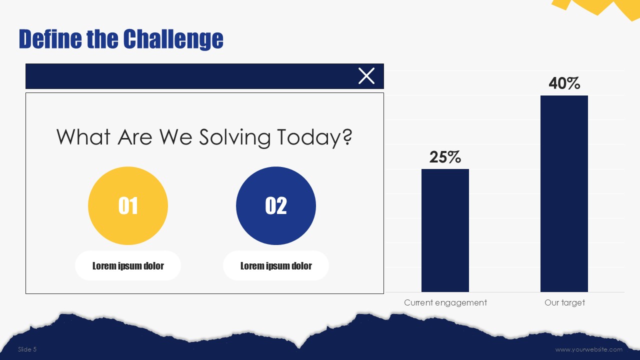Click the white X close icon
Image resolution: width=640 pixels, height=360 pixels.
coord(366,76)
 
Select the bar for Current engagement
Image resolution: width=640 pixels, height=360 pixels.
coord(445,230)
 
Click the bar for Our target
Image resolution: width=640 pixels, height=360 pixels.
coord(564,193)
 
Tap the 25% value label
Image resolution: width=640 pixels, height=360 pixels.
coord(445,157)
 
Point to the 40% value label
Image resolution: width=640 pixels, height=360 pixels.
coord(564,83)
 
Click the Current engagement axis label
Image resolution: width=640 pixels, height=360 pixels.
coord(445,302)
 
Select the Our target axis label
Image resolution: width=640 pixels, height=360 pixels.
coord(564,302)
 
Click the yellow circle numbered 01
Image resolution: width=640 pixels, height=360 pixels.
coord(128,205)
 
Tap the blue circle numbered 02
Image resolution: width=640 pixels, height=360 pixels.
coord(276,205)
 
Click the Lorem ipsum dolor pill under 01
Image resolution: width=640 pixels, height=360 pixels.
coord(128,265)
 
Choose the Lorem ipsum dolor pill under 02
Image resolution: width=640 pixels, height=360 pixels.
coord(276,265)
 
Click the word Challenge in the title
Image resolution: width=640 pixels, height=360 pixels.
coord(173,39)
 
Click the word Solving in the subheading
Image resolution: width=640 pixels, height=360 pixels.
coord(235,137)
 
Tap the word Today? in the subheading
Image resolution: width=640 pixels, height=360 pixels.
coord(315,137)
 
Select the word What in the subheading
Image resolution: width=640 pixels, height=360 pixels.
coord(83,137)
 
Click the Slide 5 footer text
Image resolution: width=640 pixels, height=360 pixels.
coord(27,349)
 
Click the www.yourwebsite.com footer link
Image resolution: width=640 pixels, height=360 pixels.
coord(589,349)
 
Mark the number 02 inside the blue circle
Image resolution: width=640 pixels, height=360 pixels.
coord(276,205)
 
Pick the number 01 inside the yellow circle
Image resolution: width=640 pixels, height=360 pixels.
coord(128,205)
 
